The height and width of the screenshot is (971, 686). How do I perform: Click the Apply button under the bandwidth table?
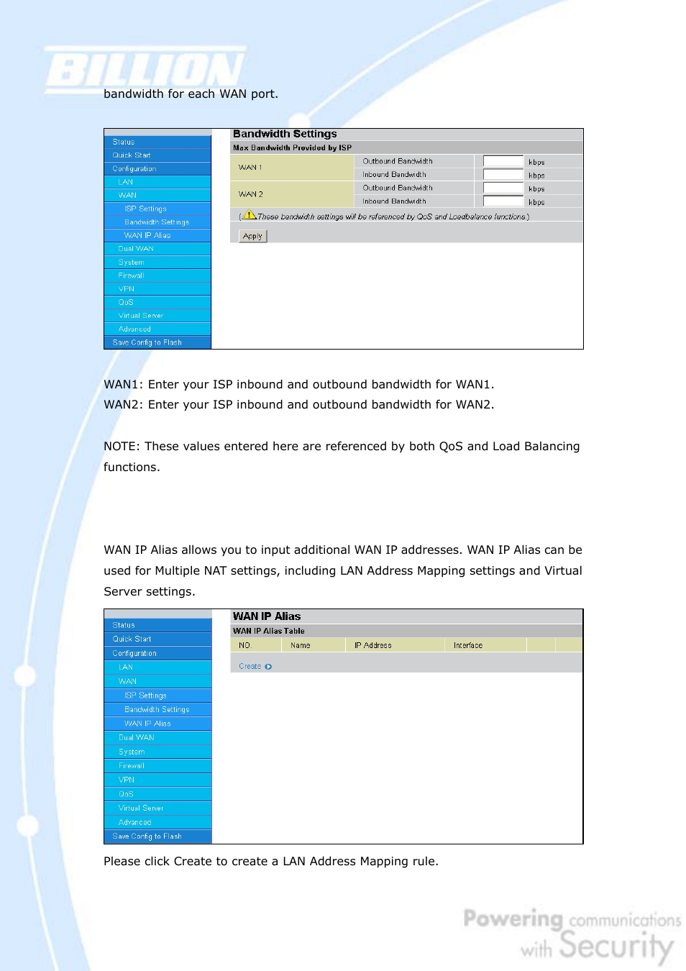[x=252, y=236]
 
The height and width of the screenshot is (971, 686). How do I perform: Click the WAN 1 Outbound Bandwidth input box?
[x=503, y=161]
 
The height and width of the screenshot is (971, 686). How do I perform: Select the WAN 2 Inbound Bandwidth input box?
[x=503, y=201]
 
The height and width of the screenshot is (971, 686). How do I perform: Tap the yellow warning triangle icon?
[x=250, y=215]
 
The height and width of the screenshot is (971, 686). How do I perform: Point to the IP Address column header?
[x=372, y=645]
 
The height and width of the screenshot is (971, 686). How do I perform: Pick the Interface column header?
[x=467, y=645]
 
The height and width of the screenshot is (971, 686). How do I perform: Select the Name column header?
[x=300, y=645]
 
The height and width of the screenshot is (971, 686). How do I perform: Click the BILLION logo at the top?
[x=145, y=70]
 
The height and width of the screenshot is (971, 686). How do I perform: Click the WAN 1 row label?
[x=250, y=168]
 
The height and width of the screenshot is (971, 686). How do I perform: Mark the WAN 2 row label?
[x=250, y=194]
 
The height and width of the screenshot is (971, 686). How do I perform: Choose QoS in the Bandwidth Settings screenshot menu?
[x=126, y=302]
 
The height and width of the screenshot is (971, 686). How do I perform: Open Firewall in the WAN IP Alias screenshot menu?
[x=131, y=766]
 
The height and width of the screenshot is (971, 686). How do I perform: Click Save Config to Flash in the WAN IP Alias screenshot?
[x=147, y=836]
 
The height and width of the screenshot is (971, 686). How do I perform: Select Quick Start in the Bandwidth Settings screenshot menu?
[x=132, y=155]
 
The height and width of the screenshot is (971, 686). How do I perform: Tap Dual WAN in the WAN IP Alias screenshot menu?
[x=136, y=738]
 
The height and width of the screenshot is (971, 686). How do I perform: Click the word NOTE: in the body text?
[x=122, y=447]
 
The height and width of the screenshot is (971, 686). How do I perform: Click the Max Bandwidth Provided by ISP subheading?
[x=292, y=147]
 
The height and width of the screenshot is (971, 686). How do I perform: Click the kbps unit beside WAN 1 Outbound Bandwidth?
[x=536, y=163]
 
